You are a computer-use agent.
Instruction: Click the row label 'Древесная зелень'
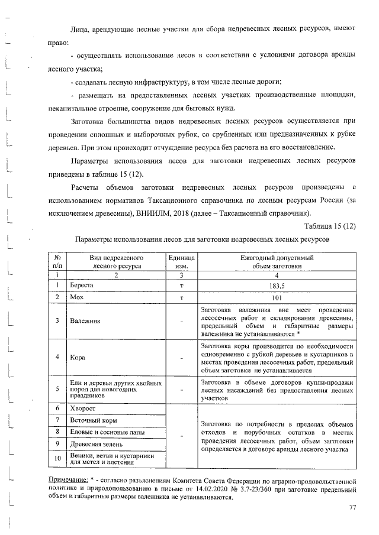97,443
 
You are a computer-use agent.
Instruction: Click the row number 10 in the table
57,458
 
